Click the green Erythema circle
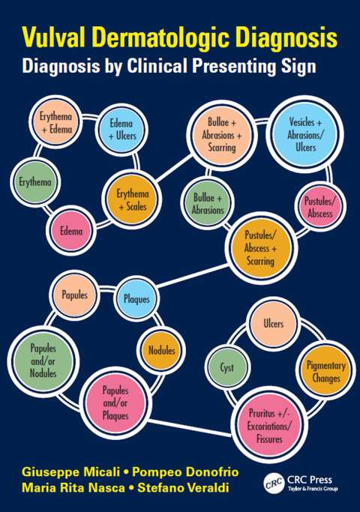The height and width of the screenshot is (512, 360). pos(35,182)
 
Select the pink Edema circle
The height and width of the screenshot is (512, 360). pos(71,231)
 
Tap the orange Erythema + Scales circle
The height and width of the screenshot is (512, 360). pos(132,199)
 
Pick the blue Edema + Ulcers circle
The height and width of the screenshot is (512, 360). pos(121,130)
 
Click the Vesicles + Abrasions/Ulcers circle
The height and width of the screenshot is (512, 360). pos(305,134)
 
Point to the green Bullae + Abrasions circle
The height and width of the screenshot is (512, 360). pos(208,203)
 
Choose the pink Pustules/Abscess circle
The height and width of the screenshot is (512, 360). pos(320,207)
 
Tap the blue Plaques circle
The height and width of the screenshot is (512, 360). pos(137,299)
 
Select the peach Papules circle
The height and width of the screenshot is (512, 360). pos(75,295)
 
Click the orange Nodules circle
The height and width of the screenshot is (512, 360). pos(161,350)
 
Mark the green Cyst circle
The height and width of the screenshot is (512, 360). pos(227,367)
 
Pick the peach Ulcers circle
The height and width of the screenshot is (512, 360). pos(274,324)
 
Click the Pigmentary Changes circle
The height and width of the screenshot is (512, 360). pos(325,372)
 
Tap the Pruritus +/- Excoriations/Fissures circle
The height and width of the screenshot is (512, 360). pos(269,425)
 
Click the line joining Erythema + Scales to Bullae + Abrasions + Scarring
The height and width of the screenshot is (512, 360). pos(174,169)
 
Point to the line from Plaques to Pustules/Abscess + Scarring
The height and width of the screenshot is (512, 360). pos(193,277)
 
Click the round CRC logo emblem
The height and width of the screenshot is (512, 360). pos(274,484)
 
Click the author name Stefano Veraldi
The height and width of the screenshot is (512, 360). pos(183,488)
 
